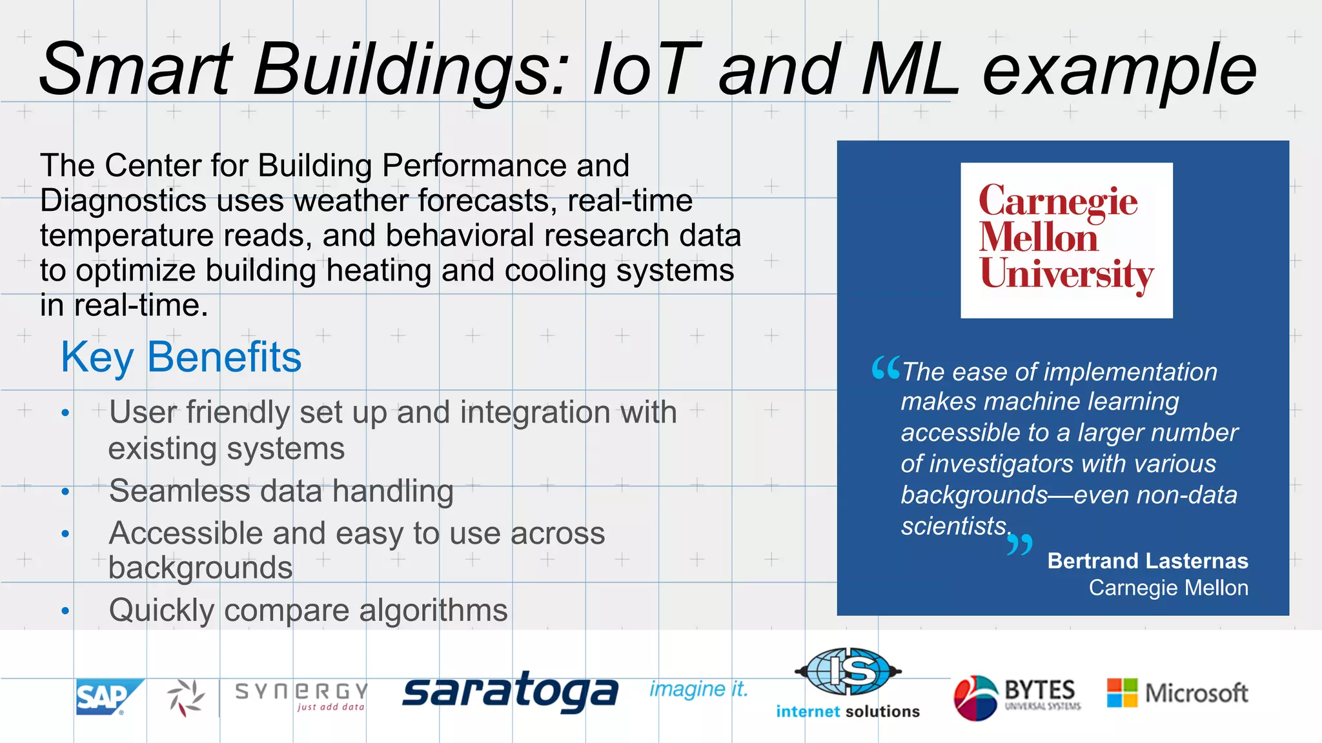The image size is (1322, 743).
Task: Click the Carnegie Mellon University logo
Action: tap(1066, 240)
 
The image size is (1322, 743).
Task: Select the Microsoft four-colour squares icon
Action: tap(1122, 693)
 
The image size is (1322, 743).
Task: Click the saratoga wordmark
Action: tap(510, 693)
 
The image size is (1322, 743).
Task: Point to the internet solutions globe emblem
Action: tap(848, 671)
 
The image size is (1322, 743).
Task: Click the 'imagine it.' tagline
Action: tap(698, 689)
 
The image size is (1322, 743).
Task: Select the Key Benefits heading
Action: tap(181, 357)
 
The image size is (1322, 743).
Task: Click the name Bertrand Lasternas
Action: tap(1147, 560)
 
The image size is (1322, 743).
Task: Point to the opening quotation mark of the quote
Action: tap(885, 368)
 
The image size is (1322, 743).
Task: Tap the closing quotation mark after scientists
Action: tap(1020, 544)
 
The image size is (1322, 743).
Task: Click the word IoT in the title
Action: tap(646, 70)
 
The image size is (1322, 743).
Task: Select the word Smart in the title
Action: tap(136, 70)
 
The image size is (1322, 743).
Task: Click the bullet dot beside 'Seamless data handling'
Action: tap(65, 492)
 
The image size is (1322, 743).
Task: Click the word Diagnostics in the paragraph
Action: tap(123, 201)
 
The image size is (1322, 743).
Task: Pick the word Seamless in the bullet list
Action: tap(179, 491)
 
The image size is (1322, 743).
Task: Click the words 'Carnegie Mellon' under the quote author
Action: tap(1168, 588)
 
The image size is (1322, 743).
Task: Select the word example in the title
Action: tap(1119, 70)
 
